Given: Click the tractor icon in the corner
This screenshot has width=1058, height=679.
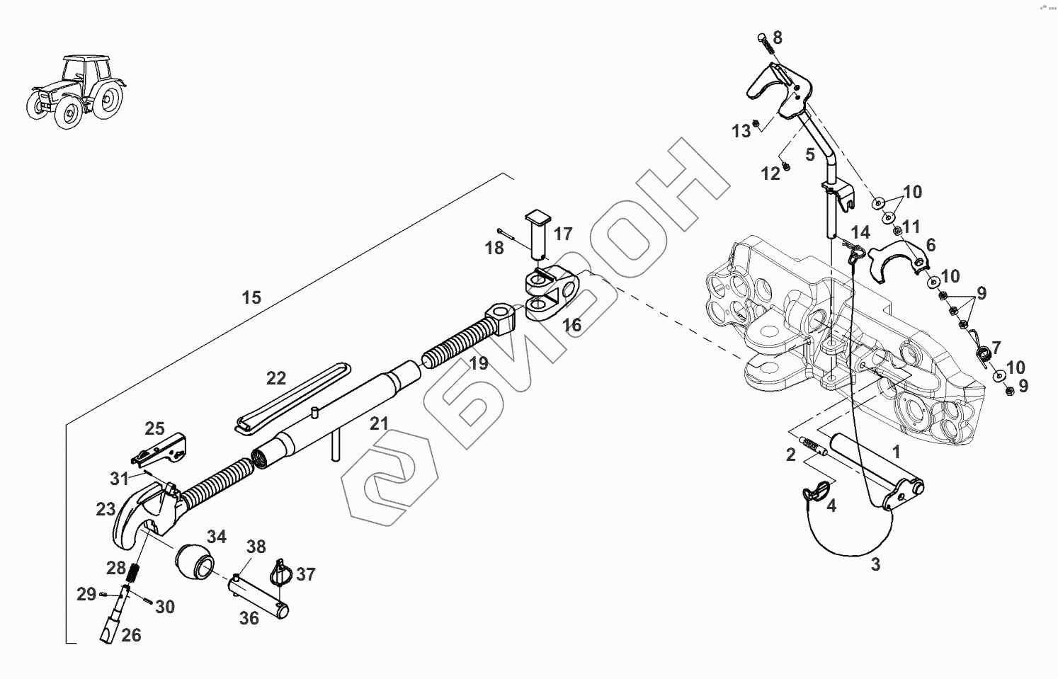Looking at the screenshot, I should (76, 91).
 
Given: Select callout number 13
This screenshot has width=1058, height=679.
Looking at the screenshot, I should (741, 131).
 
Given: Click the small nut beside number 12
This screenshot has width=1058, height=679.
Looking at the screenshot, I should (786, 167).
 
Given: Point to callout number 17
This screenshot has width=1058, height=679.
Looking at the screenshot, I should (563, 233).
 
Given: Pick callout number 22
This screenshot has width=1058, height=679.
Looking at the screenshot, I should (276, 378).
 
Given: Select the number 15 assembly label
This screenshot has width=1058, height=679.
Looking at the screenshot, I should (251, 297).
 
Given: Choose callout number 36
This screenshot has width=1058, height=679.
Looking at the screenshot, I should (249, 618).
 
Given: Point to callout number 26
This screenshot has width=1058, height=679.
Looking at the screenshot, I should (131, 635).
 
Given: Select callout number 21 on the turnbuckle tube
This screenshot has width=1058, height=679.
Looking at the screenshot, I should (379, 423).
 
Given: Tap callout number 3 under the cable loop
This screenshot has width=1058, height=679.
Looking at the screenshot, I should (875, 565).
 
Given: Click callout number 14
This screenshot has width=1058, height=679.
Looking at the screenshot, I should (860, 232).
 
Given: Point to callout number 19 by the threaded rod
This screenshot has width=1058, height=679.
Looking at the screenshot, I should (479, 364).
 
